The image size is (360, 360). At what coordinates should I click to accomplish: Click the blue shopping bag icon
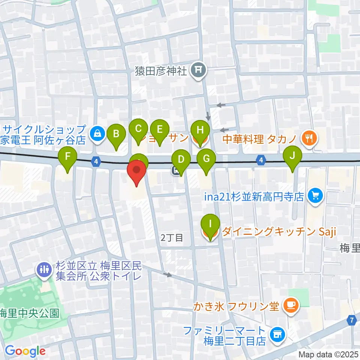coord(97,132)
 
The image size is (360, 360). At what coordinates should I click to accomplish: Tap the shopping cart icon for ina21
coord(314,196)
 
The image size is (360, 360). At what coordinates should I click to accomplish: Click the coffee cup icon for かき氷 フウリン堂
coord(291,306)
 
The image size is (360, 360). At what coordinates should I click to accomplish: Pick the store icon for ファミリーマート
coord(277,332)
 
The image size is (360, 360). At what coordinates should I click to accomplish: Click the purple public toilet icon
coord(43,269)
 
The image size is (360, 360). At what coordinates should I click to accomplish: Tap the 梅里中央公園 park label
coord(29,312)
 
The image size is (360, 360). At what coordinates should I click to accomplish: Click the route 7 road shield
coord(352,320)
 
